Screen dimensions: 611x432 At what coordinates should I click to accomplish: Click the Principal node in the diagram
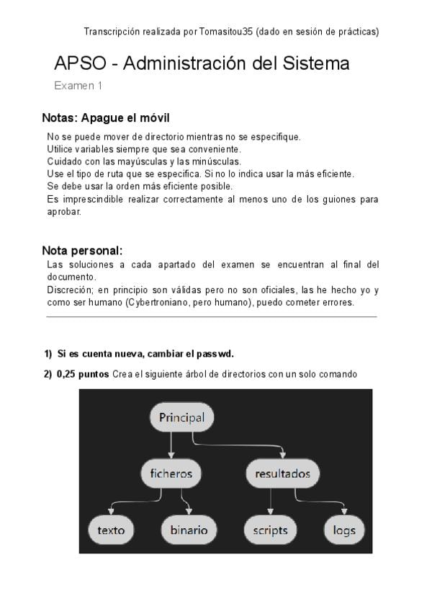click(181, 417)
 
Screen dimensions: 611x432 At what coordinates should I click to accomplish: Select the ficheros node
click(171, 473)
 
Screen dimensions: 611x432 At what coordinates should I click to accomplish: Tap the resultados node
click(283, 473)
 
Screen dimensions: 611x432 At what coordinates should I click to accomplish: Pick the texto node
click(111, 530)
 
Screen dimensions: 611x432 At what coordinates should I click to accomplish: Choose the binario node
click(189, 530)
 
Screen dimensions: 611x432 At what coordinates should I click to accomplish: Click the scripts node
click(270, 530)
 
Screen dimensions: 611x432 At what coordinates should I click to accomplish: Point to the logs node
click(344, 530)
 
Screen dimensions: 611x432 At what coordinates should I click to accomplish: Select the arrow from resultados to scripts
click(270, 501)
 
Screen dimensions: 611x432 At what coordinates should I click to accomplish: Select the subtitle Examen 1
click(78, 86)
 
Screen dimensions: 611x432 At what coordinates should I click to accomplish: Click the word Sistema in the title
click(319, 64)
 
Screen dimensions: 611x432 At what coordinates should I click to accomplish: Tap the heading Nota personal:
click(83, 251)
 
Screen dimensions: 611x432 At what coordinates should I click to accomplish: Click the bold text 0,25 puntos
click(83, 374)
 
